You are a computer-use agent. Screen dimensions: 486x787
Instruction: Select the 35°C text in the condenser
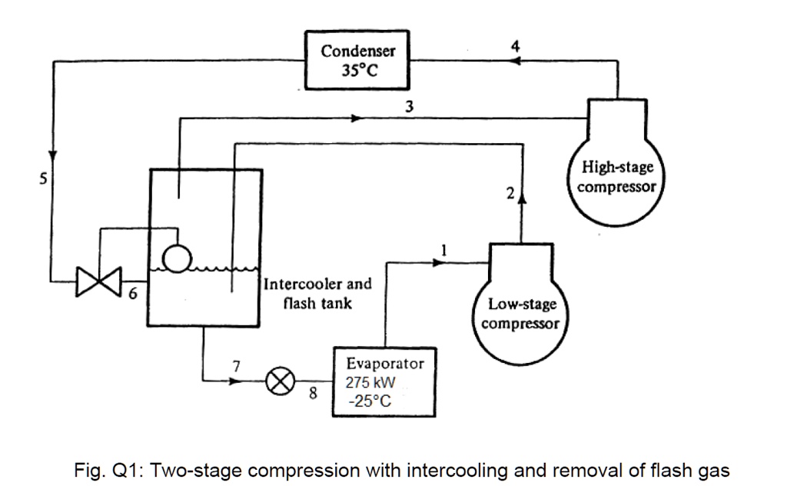click(357, 72)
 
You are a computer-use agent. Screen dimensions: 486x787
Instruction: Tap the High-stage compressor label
click(618, 177)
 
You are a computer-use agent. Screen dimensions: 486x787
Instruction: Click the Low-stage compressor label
click(522, 314)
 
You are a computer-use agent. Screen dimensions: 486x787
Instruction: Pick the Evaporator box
click(379, 381)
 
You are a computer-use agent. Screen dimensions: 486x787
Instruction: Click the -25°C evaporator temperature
click(370, 401)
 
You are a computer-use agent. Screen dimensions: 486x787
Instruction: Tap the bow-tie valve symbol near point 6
click(99, 281)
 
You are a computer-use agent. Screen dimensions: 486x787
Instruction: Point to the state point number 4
click(515, 46)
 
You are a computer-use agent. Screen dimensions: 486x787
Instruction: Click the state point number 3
click(410, 107)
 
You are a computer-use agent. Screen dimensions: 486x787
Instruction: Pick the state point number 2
click(510, 193)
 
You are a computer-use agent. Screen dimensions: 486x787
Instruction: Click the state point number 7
click(237, 366)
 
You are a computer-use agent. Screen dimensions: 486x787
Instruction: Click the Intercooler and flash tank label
click(317, 293)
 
